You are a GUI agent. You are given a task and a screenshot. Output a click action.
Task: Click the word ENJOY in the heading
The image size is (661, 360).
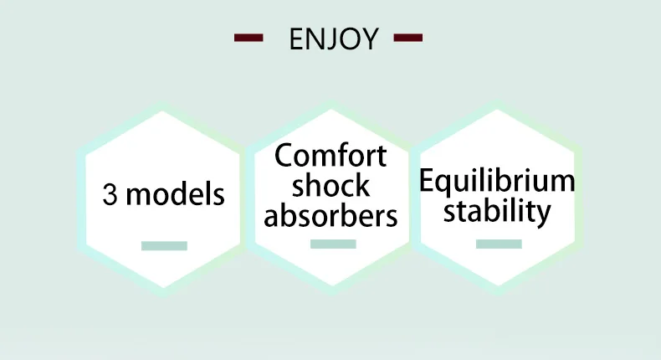coord(333,39)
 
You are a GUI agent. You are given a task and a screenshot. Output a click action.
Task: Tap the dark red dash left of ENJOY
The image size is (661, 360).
coord(249,38)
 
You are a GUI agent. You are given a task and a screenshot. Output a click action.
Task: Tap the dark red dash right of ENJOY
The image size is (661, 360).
coord(407,38)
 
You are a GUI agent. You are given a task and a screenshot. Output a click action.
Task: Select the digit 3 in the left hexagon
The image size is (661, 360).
coord(110,195)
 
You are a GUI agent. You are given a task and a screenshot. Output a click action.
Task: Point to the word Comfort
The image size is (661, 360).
coord(331,156)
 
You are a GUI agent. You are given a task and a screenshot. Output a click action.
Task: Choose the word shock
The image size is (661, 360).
coord(331,185)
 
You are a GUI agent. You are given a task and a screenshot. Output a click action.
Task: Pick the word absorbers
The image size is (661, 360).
coord(331,215)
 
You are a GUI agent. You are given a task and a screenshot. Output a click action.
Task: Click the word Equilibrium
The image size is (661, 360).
coord(497,181)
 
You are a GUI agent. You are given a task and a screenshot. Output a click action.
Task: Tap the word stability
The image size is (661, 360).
coord(497,210)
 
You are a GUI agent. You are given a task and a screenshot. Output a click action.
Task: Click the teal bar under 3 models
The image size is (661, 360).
coord(164,245)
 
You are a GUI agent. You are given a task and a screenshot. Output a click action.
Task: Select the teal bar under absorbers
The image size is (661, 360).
coord(333,244)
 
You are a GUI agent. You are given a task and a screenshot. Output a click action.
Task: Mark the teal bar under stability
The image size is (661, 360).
coord(499,244)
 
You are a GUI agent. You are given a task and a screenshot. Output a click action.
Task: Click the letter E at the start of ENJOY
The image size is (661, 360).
coord(295,39)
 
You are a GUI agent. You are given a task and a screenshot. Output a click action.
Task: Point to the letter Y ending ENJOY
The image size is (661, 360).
coord(371,39)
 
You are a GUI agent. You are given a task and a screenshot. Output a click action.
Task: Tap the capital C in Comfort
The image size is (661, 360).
coord(284,156)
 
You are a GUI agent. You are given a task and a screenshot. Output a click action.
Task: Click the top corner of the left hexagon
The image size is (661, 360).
coord(165,106)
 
